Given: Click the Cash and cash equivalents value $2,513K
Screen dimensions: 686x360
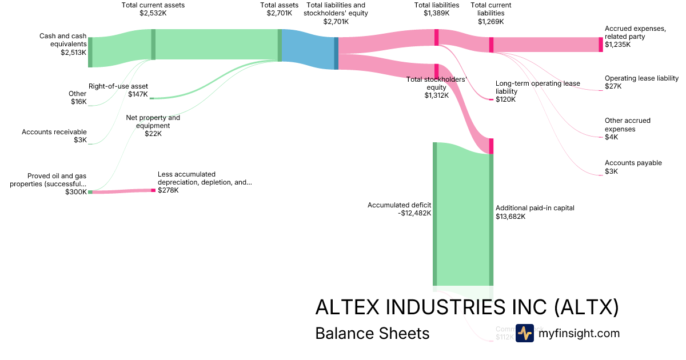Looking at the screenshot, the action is (x=73, y=52).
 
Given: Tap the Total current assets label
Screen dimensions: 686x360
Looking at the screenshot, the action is (x=153, y=5).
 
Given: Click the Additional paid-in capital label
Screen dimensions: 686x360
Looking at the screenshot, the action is (x=535, y=208).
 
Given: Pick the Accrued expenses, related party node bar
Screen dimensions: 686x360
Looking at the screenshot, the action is (x=601, y=45).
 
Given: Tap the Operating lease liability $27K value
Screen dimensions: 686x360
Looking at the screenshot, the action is (x=613, y=86).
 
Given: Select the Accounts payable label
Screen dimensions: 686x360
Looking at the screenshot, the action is (x=633, y=163).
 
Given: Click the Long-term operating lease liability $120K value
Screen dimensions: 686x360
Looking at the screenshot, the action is (x=505, y=99).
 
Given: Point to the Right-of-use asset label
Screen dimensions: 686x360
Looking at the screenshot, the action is (x=118, y=86).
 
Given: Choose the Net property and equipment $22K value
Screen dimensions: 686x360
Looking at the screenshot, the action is (x=153, y=134).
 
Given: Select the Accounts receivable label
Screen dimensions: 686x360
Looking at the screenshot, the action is (x=54, y=132).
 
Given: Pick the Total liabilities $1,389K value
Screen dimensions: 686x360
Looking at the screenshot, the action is (x=437, y=13).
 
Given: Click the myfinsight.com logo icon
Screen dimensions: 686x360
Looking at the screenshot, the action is (x=524, y=333).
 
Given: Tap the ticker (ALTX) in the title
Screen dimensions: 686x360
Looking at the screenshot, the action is (x=587, y=307).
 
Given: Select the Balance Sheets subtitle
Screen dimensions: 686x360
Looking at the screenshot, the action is (x=372, y=333).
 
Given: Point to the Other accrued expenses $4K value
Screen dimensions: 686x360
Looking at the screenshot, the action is (x=611, y=137).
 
